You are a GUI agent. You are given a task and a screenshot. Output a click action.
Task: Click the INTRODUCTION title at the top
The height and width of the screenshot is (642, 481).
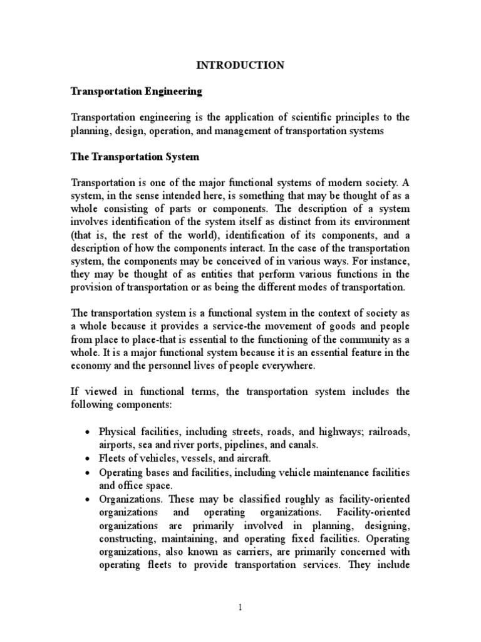240,65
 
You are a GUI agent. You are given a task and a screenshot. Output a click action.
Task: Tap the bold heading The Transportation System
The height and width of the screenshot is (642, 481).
135,157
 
